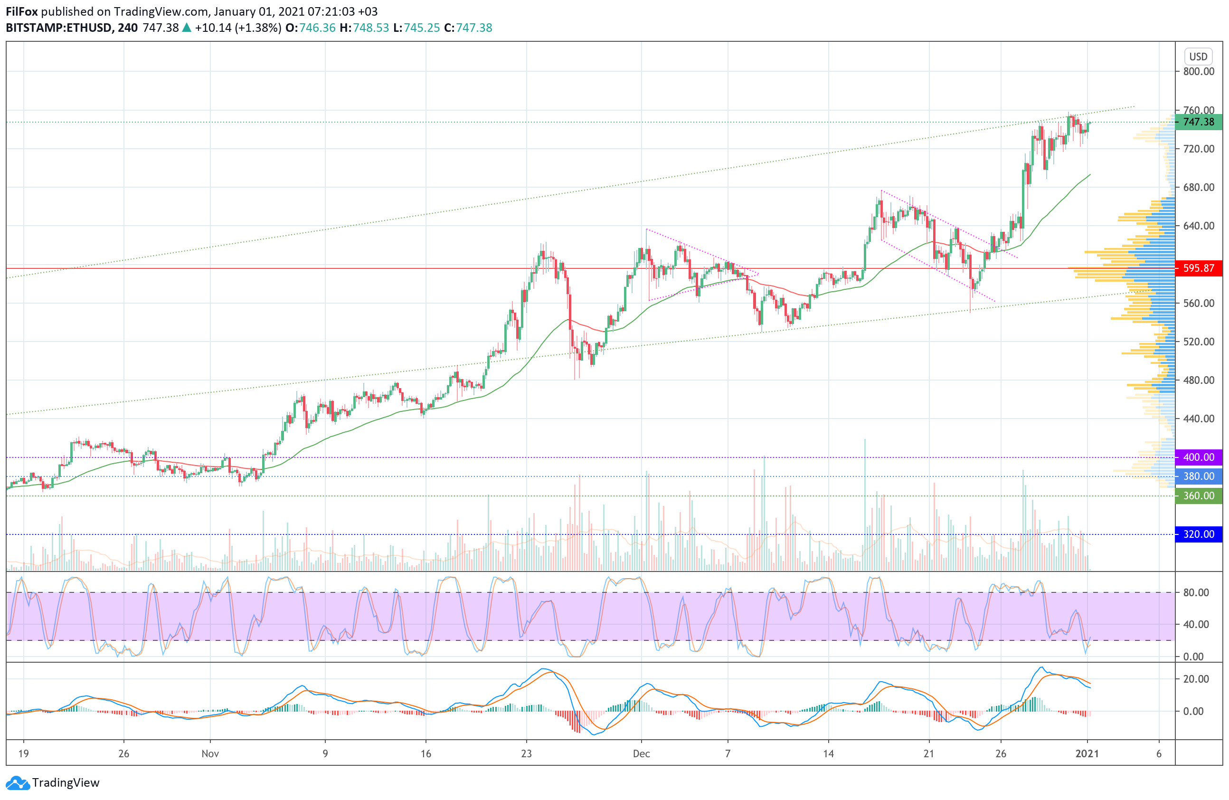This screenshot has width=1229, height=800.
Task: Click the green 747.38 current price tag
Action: (1198, 122)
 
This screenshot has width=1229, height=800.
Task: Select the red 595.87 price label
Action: (1198, 268)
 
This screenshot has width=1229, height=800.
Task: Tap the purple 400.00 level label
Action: (1198, 457)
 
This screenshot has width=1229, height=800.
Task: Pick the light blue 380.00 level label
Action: (1198, 476)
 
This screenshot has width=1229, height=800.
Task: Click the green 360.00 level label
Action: (1198, 496)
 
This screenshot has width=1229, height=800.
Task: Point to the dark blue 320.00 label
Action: (1198, 534)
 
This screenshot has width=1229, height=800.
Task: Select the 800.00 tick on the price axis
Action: (1198, 72)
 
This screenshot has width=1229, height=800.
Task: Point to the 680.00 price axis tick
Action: (1198, 187)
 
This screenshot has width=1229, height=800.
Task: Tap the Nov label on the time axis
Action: (210, 753)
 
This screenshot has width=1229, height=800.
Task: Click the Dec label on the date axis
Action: (642, 753)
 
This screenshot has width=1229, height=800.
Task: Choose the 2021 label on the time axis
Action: (1087, 753)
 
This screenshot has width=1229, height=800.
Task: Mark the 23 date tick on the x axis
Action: (526, 753)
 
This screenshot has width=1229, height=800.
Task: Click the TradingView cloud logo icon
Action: (18, 783)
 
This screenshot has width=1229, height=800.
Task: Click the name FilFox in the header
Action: (22, 11)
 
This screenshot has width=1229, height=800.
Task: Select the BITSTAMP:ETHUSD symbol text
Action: (59, 28)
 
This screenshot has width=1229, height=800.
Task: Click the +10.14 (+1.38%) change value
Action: (238, 28)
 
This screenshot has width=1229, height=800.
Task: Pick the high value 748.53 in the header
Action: (371, 28)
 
